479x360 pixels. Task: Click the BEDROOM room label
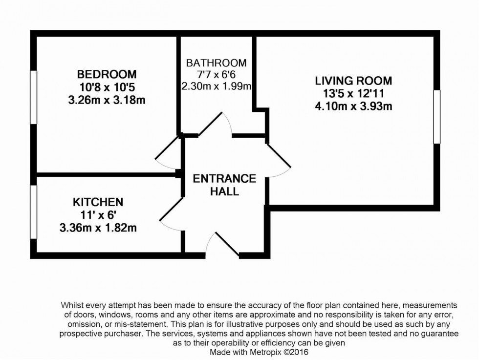click(107, 75)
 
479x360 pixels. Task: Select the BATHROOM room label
click(216, 63)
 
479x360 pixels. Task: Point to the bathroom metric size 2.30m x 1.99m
click(216, 87)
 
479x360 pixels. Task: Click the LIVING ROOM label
click(353, 81)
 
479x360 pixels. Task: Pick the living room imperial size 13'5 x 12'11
click(353, 93)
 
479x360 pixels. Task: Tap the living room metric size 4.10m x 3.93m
click(353, 106)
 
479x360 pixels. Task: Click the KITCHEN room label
click(98, 202)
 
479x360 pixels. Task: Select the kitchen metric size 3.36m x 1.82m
click(98, 227)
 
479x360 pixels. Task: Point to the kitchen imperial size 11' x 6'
click(98, 214)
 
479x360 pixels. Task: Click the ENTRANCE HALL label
click(224, 185)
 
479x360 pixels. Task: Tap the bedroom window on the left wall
click(34, 97)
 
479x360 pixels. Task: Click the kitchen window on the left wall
click(34, 212)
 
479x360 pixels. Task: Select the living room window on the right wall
click(437, 117)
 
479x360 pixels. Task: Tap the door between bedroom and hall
click(169, 149)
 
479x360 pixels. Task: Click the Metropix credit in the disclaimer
click(259, 352)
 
